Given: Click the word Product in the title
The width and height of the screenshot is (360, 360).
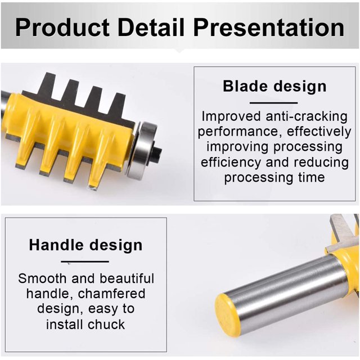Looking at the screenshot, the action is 62,28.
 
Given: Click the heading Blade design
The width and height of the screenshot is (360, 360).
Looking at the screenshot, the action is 274,87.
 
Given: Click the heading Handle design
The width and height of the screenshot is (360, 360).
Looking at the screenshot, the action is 85,245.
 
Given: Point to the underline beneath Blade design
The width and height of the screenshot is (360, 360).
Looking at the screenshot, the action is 274,103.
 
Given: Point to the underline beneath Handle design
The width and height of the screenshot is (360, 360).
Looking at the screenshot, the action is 85,262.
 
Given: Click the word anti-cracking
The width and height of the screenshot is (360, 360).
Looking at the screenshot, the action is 306,116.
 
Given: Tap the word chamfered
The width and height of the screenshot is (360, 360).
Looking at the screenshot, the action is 111,294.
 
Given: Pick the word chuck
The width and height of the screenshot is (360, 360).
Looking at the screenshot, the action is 106,325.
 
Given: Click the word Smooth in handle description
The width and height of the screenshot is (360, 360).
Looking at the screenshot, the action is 42,278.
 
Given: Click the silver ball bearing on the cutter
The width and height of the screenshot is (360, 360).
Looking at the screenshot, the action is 140,150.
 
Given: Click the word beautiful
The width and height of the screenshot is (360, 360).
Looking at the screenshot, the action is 127,278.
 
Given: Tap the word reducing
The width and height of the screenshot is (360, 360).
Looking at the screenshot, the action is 322,163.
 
